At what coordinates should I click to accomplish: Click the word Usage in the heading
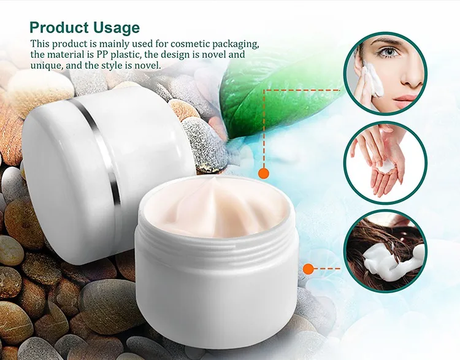116,28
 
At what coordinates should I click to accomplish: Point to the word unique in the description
47,66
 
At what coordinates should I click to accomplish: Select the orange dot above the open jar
264,174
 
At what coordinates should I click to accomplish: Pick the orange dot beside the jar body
308,269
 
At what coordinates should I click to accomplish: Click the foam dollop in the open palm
386,168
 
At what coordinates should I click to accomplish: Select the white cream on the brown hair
390,260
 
